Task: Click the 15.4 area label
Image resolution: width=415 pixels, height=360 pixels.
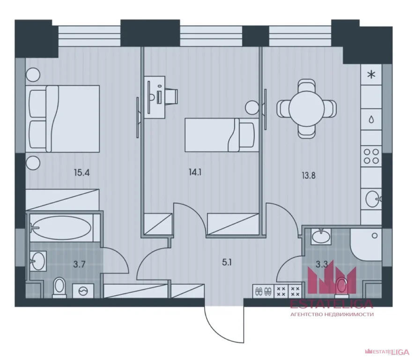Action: (x=82, y=173)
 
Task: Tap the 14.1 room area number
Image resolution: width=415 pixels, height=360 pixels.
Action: (x=195, y=172)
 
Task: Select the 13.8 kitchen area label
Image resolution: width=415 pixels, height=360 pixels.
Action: (x=309, y=175)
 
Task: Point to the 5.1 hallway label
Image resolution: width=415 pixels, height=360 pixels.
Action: (x=227, y=263)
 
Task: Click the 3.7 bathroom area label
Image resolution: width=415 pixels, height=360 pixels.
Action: (x=79, y=264)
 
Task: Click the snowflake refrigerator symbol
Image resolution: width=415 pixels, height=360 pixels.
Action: (x=371, y=75)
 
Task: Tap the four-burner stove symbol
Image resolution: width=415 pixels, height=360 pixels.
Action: (x=371, y=156)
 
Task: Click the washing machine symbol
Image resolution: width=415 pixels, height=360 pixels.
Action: (x=83, y=291)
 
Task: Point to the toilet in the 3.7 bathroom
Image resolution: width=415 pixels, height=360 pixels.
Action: (x=59, y=287)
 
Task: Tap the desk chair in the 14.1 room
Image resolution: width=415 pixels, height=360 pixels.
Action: (x=172, y=97)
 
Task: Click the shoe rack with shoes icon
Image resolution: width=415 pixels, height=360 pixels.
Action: (x=263, y=292)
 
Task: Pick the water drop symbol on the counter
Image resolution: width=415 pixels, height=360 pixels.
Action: (x=371, y=120)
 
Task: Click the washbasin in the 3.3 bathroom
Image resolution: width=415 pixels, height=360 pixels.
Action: (x=321, y=236)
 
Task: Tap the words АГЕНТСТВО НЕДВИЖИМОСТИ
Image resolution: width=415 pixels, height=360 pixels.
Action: (x=332, y=315)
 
